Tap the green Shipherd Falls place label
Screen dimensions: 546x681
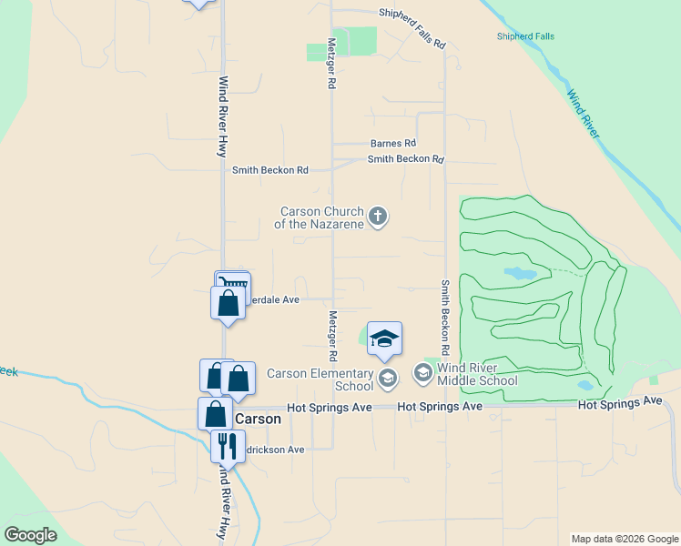525,36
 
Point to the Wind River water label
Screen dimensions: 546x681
584,114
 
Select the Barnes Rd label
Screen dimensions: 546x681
392,144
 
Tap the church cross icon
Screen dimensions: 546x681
379,217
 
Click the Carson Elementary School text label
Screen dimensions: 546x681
320,379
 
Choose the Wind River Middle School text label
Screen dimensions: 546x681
477,374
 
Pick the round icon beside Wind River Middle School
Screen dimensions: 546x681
423,372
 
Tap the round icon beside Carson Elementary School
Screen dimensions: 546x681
388,378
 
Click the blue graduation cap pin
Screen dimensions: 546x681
384,339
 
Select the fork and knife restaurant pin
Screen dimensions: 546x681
226,446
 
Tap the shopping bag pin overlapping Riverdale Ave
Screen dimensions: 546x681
228,303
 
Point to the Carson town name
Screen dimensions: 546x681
258,420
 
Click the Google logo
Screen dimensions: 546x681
30,535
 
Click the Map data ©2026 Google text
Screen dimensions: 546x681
624,539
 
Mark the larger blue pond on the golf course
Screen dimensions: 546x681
520,273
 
